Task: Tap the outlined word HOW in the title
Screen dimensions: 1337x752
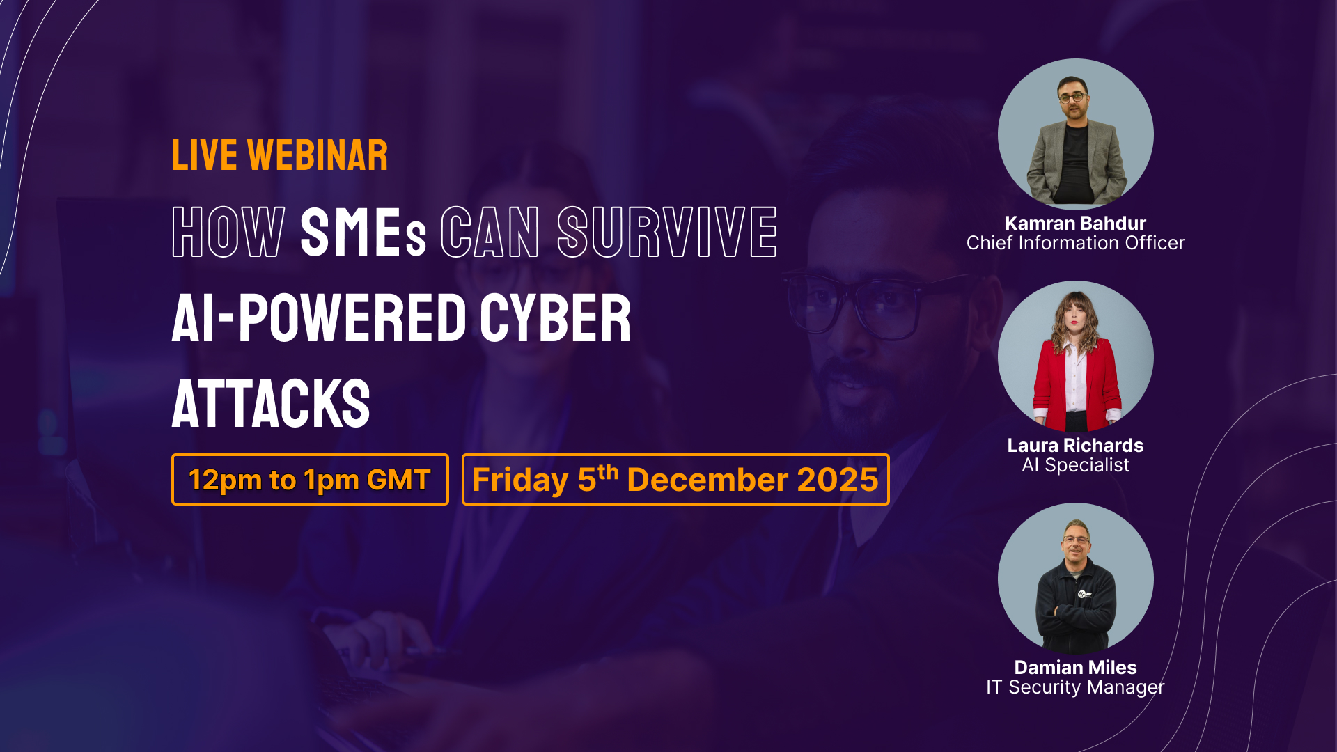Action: (x=228, y=232)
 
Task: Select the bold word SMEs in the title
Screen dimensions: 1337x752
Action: (x=363, y=232)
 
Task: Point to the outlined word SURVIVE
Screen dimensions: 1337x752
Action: (x=667, y=232)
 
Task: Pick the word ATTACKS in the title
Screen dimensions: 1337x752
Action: (x=271, y=404)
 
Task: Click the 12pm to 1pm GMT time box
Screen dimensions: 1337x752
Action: (x=310, y=479)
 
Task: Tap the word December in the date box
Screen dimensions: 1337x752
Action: (x=706, y=480)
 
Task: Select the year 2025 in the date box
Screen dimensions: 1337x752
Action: (x=838, y=480)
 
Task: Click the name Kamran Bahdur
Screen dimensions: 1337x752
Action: (x=1075, y=223)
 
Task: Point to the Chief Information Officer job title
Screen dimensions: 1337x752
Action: (x=1075, y=242)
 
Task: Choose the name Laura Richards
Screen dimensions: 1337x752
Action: (x=1075, y=445)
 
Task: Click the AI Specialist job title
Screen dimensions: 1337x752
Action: (x=1075, y=464)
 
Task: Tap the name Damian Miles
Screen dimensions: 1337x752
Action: (x=1075, y=667)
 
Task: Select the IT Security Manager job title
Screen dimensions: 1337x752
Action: (x=1075, y=687)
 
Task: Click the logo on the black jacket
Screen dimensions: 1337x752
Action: (x=1083, y=595)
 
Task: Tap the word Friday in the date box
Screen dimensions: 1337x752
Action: (x=520, y=480)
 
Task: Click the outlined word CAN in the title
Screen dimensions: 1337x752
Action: (x=490, y=232)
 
